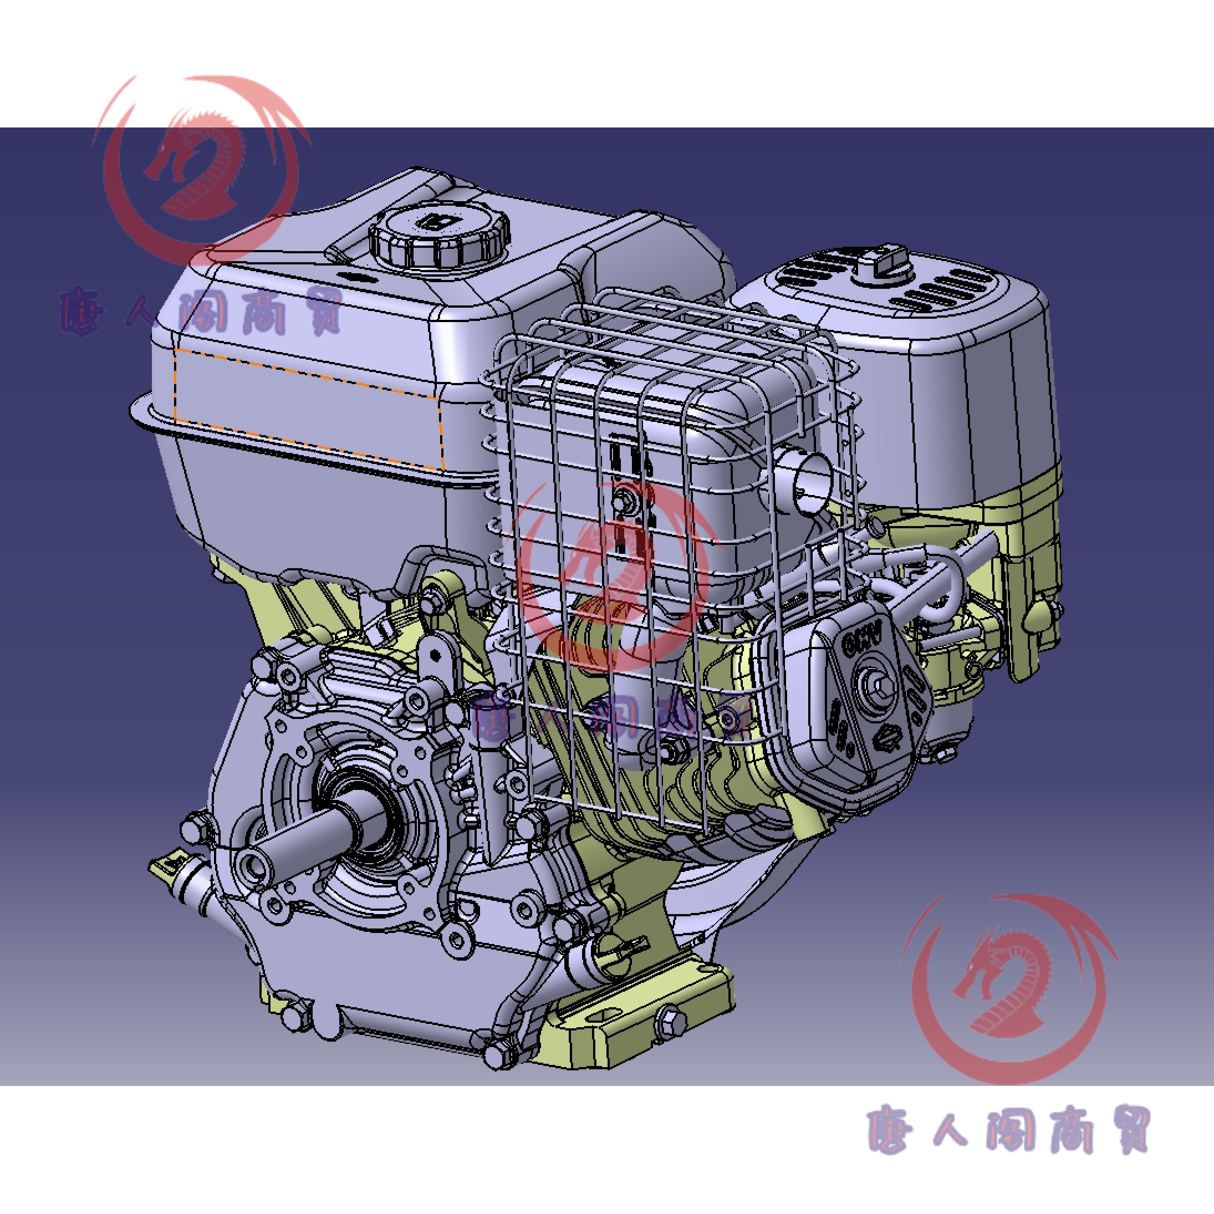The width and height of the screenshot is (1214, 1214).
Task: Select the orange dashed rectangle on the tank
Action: (x=308, y=409)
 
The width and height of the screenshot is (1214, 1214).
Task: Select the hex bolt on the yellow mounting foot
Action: (x=670, y=1020)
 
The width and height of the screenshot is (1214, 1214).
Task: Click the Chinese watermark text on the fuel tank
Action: (x=201, y=311)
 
